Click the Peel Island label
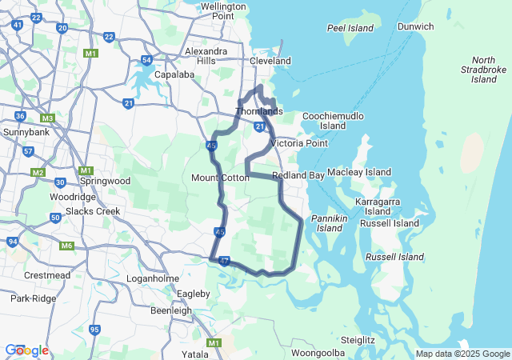(x=350, y=28)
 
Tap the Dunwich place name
(x=415, y=26)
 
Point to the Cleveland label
(x=270, y=61)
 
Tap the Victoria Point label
(x=299, y=143)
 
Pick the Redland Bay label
(x=298, y=175)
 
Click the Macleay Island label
(x=358, y=172)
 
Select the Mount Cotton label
(x=220, y=178)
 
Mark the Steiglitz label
(x=357, y=340)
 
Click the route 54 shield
(x=146, y=60)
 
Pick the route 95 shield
(x=95, y=330)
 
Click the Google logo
(x=26, y=350)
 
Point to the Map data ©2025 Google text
(x=462, y=354)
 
